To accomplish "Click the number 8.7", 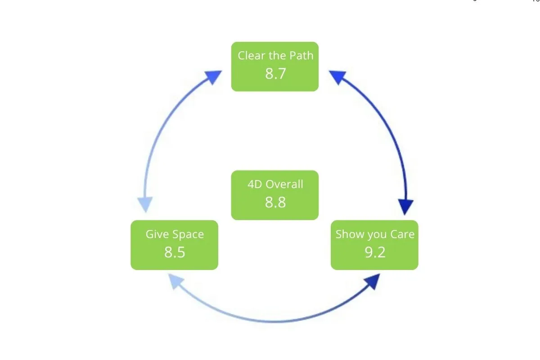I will pyautogui.click(x=275, y=73).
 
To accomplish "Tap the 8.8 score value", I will pyautogui.click(x=275, y=202).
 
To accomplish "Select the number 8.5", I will pyautogui.click(x=175, y=252).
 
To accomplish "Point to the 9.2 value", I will pyautogui.click(x=375, y=252).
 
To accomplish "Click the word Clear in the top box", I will pyautogui.click(x=250, y=56).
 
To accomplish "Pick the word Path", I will pyautogui.click(x=301, y=56).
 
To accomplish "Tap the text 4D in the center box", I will pyautogui.click(x=255, y=184).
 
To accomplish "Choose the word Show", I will pyautogui.click(x=348, y=234).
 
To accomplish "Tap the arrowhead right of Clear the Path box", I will pyautogui.click(x=337, y=77).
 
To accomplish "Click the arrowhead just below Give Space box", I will pyautogui.click(x=175, y=282).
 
